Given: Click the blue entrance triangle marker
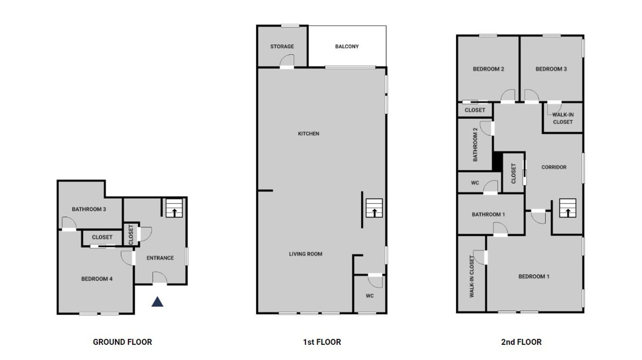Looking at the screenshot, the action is (158, 302).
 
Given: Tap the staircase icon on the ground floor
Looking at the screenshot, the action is (174, 208).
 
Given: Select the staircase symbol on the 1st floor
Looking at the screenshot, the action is (374, 208).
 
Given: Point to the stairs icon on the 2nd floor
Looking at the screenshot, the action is (568, 208).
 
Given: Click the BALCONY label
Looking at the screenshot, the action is (347, 46).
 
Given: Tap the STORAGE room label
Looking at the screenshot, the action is (282, 46).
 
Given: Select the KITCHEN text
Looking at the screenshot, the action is (308, 133).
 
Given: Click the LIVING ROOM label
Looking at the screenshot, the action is (305, 254).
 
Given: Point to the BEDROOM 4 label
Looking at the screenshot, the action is (97, 279).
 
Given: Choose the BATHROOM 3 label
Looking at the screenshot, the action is (89, 209).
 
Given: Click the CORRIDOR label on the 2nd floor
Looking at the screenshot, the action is (554, 167).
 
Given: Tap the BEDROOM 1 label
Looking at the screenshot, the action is (534, 276).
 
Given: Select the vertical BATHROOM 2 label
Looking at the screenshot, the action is (475, 145).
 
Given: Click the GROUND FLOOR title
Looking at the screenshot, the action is (122, 342).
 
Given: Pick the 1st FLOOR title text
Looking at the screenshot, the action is (322, 342).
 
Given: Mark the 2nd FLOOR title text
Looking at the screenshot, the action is (521, 342).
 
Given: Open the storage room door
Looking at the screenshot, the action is (287, 61).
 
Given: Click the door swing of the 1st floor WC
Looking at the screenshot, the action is (375, 281).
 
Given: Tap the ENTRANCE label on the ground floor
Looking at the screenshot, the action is (160, 258).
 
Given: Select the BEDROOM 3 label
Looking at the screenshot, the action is (551, 69).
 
